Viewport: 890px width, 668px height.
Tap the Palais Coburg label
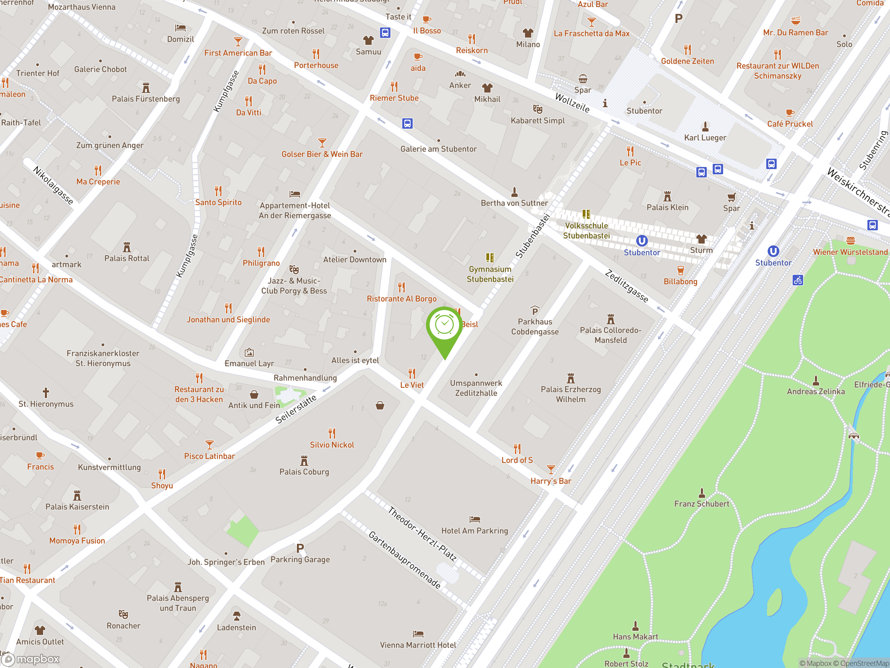(304, 471)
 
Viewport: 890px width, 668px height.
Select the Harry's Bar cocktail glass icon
(550, 469)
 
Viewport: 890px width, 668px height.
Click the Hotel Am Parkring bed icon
(475, 519)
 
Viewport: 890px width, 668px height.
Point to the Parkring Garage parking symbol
(300, 548)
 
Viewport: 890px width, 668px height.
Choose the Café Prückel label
(790, 124)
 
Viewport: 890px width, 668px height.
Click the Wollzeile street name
(572, 103)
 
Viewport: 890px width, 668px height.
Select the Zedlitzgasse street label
(626, 286)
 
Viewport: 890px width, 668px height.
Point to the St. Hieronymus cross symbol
(46, 392)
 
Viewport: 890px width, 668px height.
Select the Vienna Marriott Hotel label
(418, 645)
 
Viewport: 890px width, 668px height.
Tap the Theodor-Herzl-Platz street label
(422, 534)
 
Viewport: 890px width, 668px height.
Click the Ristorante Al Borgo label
(402, 299)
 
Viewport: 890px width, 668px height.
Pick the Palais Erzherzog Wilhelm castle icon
(571, 378)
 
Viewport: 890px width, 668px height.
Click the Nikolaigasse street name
(53, 185)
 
